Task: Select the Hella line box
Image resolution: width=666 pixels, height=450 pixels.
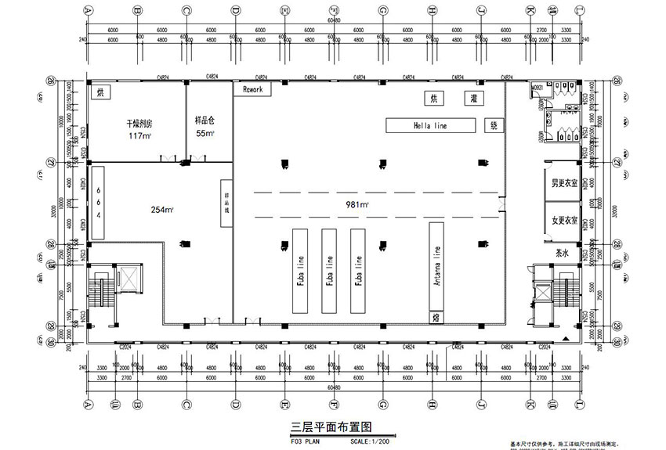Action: coord(430,124)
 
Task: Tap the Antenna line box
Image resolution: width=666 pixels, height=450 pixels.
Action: coord(435,266)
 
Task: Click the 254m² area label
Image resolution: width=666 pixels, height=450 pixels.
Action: coord(162,209)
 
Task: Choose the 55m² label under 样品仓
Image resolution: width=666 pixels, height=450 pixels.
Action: coord(205,133)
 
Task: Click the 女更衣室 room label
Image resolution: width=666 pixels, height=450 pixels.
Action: coord(564,220)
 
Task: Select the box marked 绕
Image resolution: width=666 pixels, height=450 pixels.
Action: coord(494,124)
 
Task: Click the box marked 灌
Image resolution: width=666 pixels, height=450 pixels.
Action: coord(452,99)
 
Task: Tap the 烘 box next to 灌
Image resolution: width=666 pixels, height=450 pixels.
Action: coord(432,99)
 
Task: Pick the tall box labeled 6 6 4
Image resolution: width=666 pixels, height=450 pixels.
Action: coord(99,202)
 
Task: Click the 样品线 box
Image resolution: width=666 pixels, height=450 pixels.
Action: coord(226,204)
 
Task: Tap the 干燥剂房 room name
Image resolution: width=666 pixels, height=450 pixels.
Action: coord(139,124)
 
